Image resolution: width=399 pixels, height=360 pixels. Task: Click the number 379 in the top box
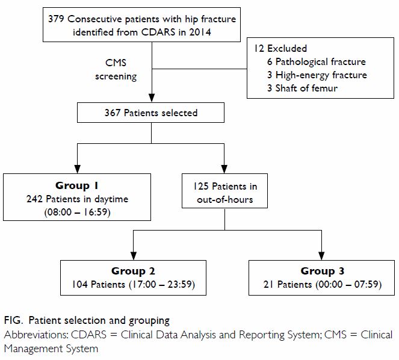(56, 19)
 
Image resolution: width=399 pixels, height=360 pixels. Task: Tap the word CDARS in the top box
(158, 32)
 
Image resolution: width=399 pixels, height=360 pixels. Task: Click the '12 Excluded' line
(280, 48)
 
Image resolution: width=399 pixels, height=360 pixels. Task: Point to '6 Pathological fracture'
(317, 61)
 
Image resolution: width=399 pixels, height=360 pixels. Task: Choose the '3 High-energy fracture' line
(317, 75)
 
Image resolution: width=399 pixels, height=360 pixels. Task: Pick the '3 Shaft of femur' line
(302, 88)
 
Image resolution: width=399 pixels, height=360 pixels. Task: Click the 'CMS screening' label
(116, 69)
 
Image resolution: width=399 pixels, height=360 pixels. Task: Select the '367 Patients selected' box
(150, 113)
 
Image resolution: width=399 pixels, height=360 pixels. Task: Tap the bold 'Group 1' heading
(77, 185)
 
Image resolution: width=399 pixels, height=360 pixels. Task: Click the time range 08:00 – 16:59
(77, 212)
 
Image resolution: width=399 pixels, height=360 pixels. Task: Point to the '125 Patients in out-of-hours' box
(224, 191)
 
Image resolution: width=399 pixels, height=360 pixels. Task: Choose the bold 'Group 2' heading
(133, 271)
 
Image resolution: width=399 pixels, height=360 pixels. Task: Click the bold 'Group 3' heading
(323, 271)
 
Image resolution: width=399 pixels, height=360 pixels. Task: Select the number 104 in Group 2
(80, 284)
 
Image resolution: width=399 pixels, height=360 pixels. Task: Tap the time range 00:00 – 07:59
(348, 284)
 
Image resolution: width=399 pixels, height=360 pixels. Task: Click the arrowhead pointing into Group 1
(78, 169)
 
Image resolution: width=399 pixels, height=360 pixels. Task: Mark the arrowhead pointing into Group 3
(321, 256)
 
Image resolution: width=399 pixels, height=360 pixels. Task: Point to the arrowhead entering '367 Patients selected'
(152, 98)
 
